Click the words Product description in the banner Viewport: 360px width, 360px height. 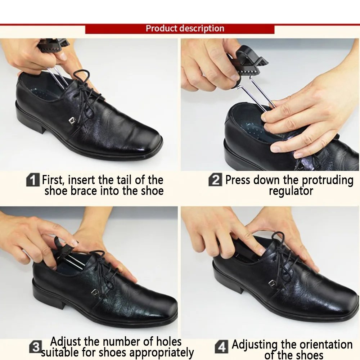click(185, 29)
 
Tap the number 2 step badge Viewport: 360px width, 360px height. click(215, 180)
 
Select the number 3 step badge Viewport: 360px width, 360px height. click(35, 347)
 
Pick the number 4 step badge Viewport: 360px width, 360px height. click(221, 347)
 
